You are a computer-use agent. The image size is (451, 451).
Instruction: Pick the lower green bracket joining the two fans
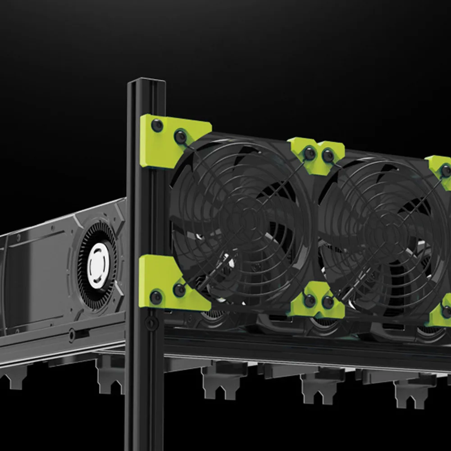tap(318, 300)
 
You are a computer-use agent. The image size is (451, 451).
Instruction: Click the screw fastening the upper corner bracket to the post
tap(157, 126)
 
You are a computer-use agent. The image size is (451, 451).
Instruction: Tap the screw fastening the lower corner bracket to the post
tap(156, 297)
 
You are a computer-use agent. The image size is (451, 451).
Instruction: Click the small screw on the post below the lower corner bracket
tap(150, 323)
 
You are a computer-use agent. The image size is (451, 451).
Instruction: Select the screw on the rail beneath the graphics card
tap(71, 334)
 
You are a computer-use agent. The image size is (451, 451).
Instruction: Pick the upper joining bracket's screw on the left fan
tap(309, 154)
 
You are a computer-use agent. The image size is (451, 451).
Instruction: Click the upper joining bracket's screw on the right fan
tap(328, 156)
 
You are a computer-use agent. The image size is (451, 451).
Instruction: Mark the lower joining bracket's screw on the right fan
tap(328, 302)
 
